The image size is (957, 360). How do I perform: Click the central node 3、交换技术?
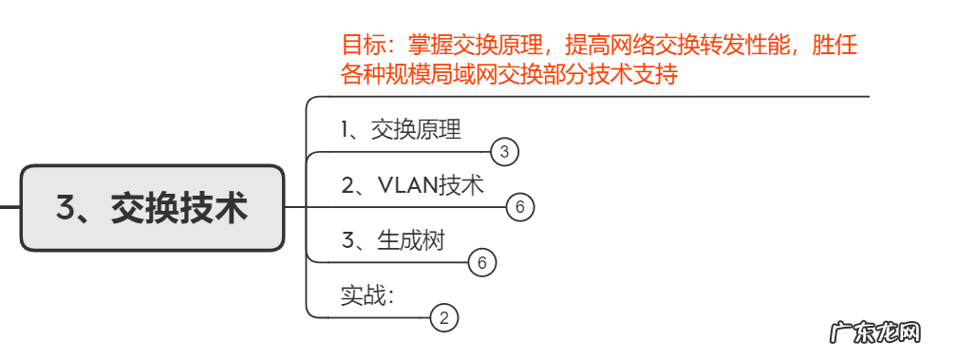point(152,208)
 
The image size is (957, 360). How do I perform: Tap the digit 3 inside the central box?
point(66,208)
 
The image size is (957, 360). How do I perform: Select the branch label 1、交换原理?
point(401,129)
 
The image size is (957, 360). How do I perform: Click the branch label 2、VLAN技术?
point(412,185)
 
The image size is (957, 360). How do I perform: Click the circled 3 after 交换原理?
point(505,151)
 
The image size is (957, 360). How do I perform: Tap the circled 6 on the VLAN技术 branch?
point(520,207)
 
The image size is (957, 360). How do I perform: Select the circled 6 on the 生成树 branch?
point(482,262)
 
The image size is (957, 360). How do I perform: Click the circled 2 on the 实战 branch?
point(444,317)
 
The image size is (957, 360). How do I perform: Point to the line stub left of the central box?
point(9,207)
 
